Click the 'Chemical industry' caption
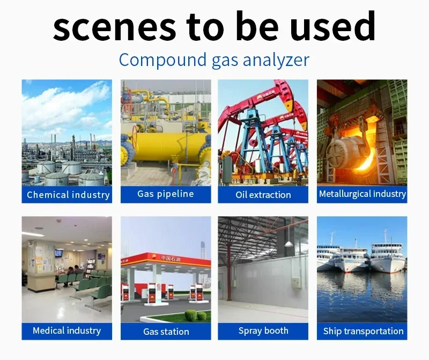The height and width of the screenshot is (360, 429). pos(68,195)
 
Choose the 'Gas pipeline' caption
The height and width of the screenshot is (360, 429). pos(166,194)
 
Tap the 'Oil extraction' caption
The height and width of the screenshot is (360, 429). pos(263,195)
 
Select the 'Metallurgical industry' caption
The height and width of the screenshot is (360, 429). pos(363,194)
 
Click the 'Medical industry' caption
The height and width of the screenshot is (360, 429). pos(66,330)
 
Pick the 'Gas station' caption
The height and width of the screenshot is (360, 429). pos(166,332)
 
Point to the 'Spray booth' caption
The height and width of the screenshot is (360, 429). pos(263,331)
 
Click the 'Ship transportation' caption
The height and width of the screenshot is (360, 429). pos(363,331)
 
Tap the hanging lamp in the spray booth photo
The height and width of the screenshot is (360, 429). pos(289,244)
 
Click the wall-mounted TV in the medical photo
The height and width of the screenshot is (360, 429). pos(58,253)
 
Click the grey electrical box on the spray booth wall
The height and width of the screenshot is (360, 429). pos(296,283)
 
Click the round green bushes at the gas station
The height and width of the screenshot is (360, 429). pos(195,315)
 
